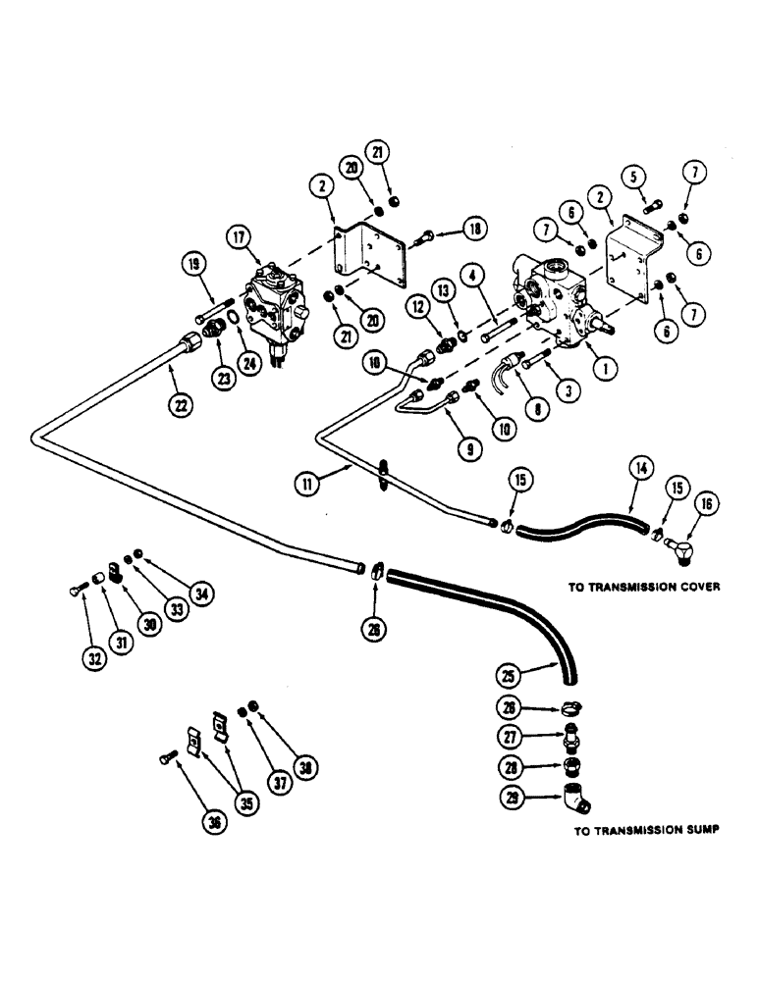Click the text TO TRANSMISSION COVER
[x=645, y=589]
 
